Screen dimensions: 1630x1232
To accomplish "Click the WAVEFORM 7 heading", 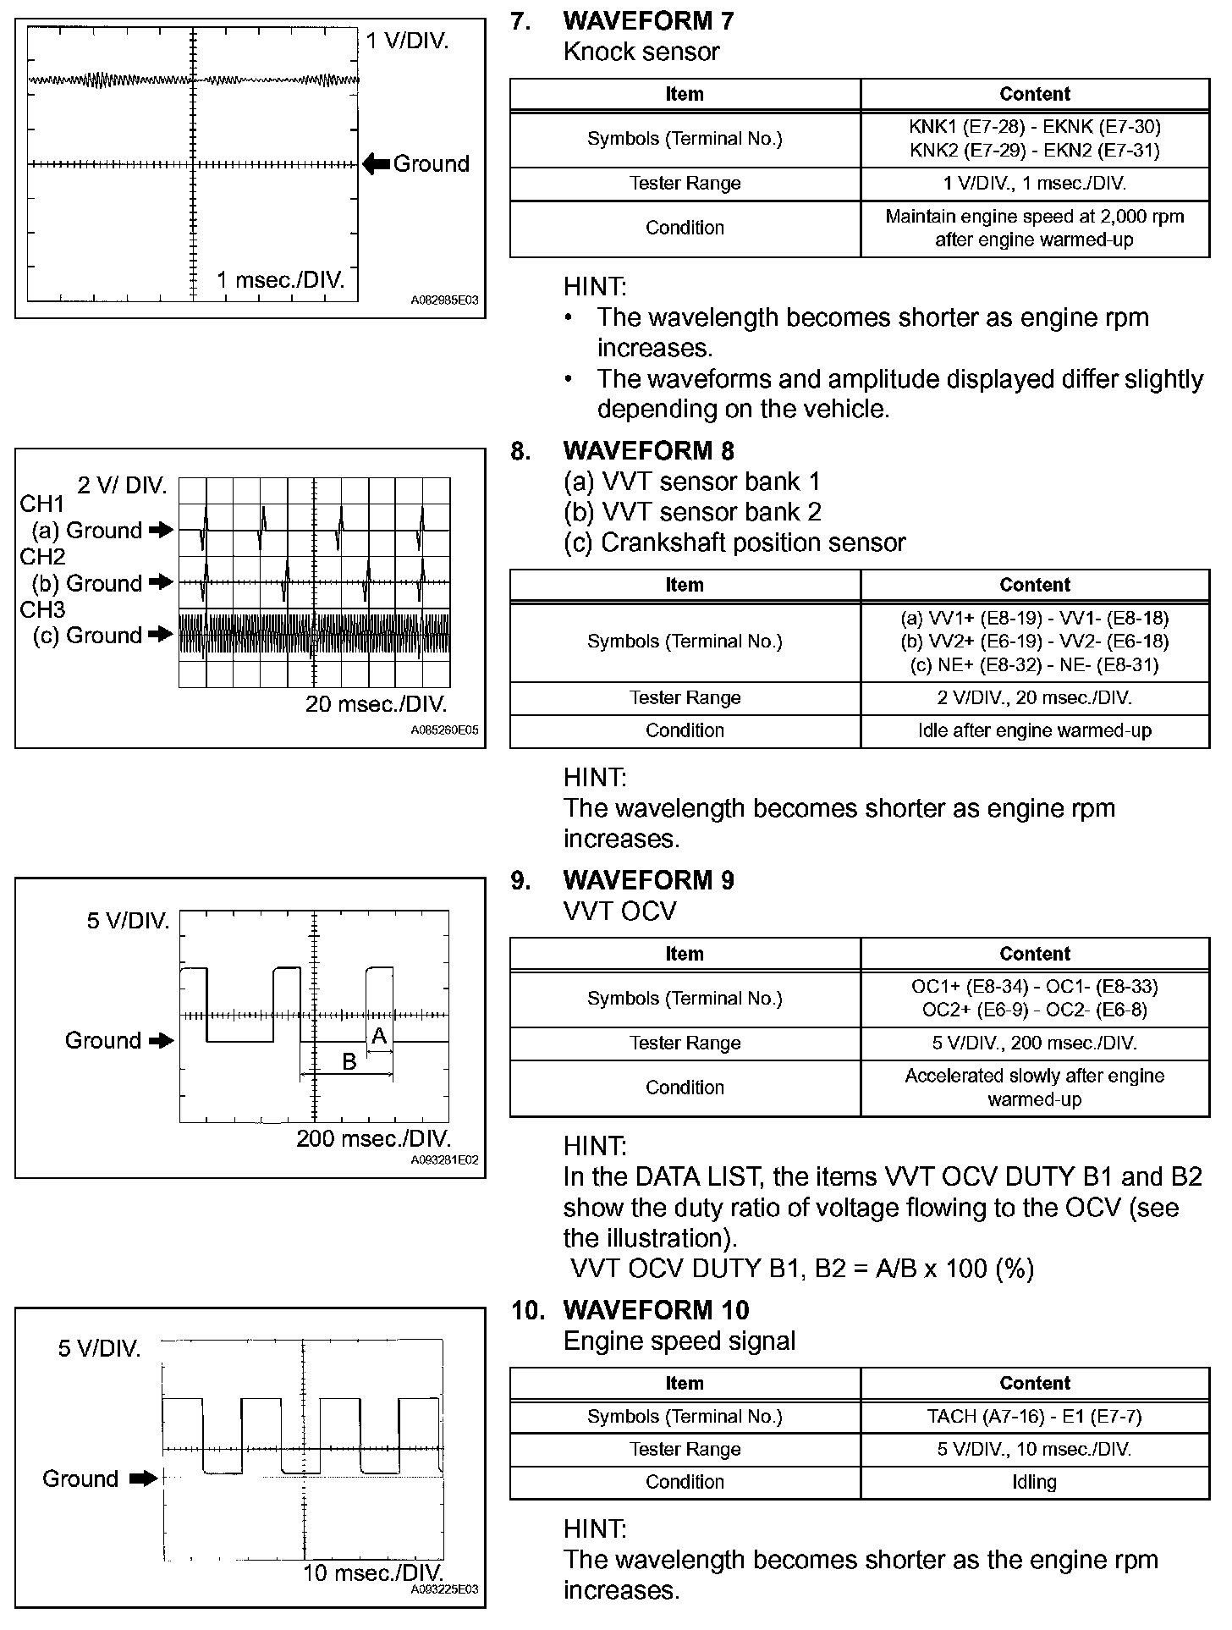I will click(648, 20).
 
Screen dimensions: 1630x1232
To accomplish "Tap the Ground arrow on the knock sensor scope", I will click(377, 164).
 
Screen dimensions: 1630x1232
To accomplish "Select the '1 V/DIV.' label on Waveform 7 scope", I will click(407, 41).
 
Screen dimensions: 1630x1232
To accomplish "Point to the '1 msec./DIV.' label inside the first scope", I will click(281, 280).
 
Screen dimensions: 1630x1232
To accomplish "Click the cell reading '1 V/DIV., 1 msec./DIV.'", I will click(1034, 184).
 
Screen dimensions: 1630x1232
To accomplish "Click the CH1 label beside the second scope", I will click(42, 504).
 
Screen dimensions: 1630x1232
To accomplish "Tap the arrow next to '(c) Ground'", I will click(159, 635).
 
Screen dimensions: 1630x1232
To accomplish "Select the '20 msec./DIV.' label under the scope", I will click(376, 704).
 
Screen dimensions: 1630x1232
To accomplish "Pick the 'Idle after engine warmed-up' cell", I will click(1034, 731).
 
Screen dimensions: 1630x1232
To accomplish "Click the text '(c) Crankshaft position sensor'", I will click(734, 542).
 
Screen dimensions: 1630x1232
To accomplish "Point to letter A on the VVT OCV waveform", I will click(379, 1036).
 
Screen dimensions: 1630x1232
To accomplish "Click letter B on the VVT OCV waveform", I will click(349, 1061).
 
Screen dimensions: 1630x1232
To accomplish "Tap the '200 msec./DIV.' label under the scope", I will click(373, 1138).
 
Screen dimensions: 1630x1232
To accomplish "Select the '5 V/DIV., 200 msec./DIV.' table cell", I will click(1034, 1044).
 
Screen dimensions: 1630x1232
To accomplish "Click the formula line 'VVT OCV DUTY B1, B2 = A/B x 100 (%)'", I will click(802, 1269).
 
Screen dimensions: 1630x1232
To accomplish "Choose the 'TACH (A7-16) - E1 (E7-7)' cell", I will click(1034, 1417).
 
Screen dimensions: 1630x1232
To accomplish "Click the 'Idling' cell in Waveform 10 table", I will click(1034, 1482).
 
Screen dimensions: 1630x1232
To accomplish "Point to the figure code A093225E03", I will click(444, 1589).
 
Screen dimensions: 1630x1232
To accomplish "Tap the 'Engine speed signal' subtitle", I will click(679, 1341).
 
